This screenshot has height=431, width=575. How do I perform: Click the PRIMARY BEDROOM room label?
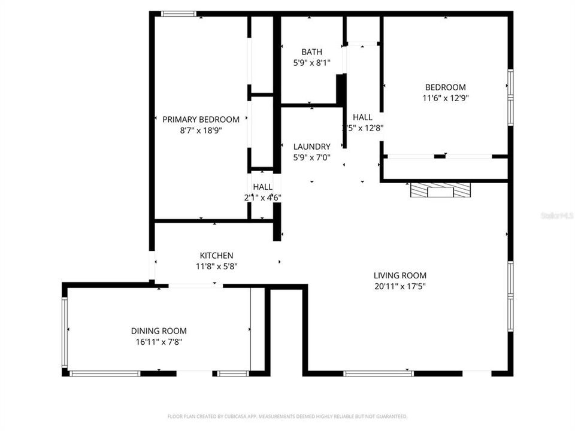click(201, 119)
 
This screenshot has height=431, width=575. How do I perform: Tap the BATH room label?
click(311, 52)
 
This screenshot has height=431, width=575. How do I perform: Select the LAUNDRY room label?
click(311, 147)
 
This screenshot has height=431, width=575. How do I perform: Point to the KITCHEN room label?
click(216, 256)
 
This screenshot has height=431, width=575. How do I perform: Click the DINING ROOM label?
click(159, 331)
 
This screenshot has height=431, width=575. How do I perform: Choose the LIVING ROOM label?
click(400, 275)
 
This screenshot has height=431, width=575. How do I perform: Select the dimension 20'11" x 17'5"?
click(400, 286)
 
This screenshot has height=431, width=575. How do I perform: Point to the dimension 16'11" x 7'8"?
click(159, 342)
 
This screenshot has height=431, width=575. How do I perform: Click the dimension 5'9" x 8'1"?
click(311, 63)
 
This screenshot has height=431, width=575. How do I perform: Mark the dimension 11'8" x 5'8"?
click(216, 266)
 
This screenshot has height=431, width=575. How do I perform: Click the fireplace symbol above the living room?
click(441, 190)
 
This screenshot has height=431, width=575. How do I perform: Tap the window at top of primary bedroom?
click(179, 14)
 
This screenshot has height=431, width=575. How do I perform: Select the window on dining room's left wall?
click(65, 332)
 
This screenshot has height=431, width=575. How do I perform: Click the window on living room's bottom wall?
click(379, 374)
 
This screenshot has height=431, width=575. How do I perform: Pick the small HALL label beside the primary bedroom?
click(262, 187)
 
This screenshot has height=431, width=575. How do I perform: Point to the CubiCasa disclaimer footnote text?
click(287, 416)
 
